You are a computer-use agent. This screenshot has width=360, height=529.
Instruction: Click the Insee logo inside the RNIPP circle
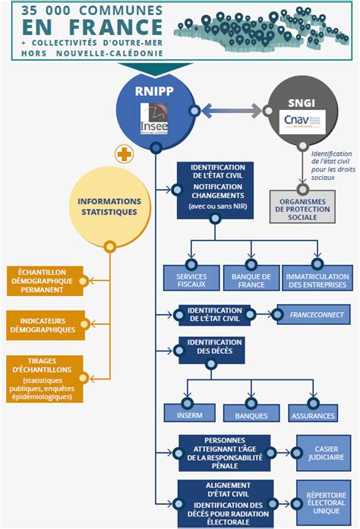[156, 121]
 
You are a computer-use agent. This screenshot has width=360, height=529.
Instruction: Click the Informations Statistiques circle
[109, 206]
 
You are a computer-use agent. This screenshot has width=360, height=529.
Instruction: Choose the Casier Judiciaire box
[326, 452]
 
